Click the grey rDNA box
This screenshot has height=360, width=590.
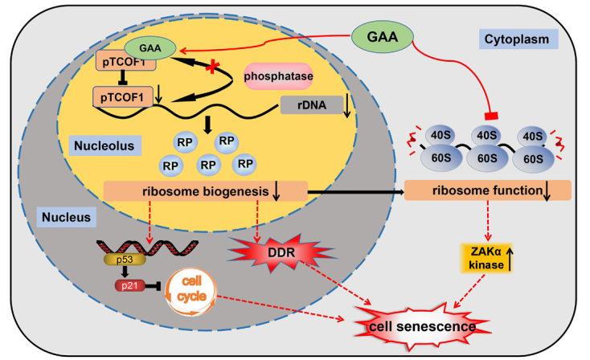point(309,105)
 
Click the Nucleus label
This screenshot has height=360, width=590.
point(67,216)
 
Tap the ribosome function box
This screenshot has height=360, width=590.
point(482,190)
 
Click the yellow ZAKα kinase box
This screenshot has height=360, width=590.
point(486,260)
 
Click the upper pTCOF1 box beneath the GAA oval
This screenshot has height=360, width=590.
point(126,63)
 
